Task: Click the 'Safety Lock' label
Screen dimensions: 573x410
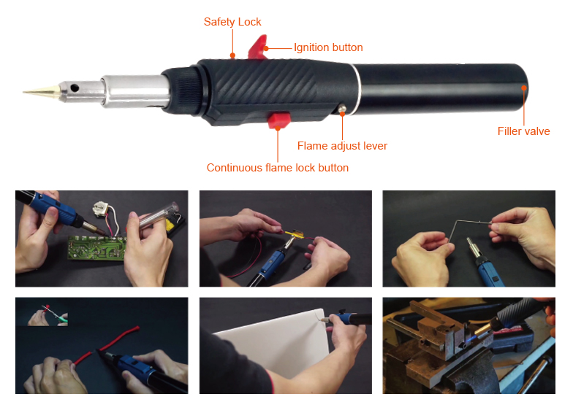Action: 232,22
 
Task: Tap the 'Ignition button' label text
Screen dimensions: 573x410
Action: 328,47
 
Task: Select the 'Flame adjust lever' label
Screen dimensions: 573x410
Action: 342,146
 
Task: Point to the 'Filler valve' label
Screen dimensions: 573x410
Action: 523,131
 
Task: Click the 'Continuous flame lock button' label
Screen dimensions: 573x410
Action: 278,168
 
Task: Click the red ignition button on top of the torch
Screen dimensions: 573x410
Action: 258,47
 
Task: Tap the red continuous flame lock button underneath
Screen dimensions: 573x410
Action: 279,120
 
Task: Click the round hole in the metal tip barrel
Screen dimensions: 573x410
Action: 75,88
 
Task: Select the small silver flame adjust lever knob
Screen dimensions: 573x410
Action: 342,108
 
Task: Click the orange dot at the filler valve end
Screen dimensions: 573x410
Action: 524,88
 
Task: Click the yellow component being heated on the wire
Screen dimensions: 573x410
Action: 295,233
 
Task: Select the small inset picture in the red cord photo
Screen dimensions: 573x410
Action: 48,314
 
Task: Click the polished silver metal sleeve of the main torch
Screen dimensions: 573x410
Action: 136,91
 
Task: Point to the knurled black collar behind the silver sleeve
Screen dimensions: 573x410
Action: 183,89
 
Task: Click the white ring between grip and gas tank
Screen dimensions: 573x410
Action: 357,90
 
